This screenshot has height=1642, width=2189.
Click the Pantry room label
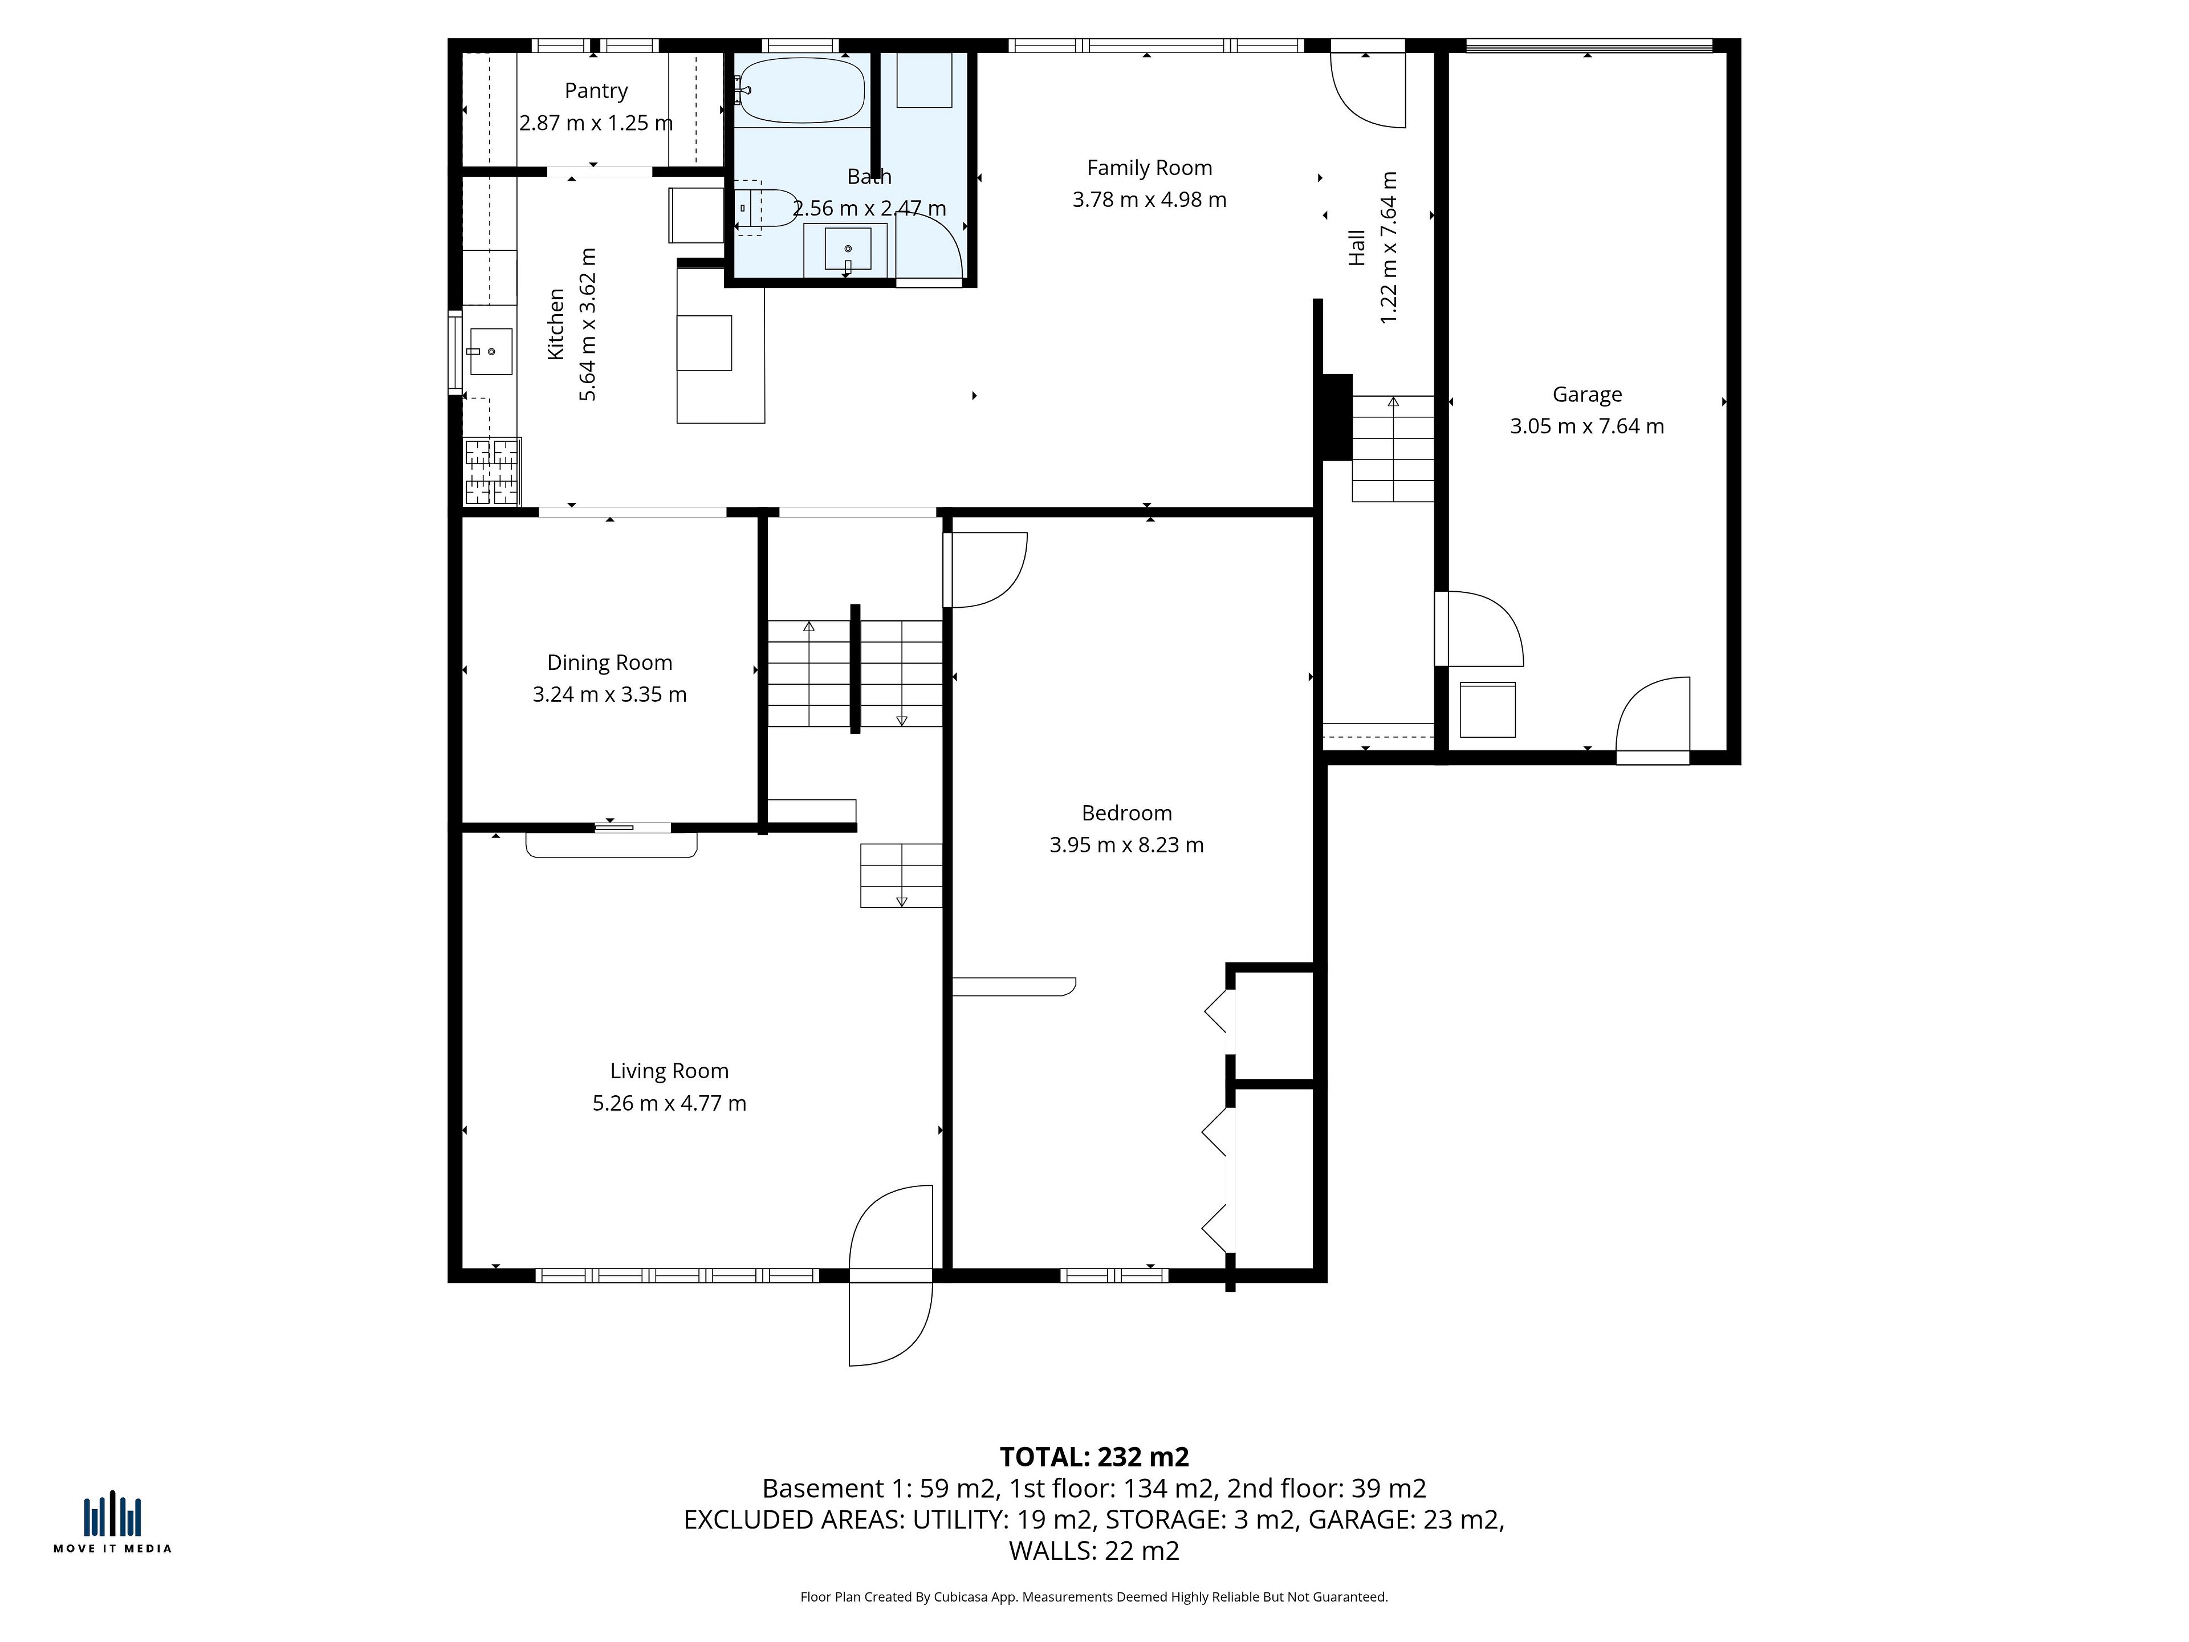(x=596, y=91)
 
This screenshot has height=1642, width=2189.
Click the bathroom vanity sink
(x=848, y=249)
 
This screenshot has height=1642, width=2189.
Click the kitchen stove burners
(x=492, y=471)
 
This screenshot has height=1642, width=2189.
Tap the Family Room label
(x=1149, y=168)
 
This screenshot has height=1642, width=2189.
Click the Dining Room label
(x=609, y=663)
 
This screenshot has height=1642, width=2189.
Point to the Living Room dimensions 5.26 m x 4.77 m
(x=669, y=1103)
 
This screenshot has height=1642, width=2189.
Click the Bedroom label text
(x=1126, y=814)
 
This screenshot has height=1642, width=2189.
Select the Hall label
(x=1357, y=247)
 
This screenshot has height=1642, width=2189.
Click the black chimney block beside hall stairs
(x=1337, y=417)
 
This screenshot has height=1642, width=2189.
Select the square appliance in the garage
(x=1487, y=710)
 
